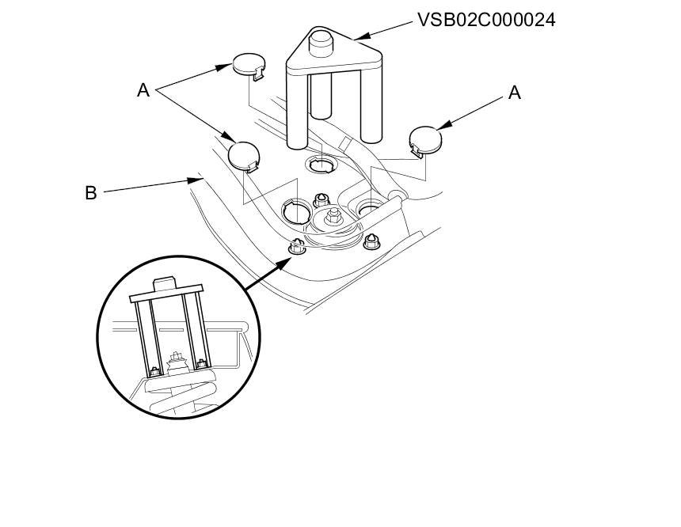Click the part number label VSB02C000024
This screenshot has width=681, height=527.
click(486, 20)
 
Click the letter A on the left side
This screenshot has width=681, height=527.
click(143, 90)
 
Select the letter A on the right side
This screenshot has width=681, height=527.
click(514, 93)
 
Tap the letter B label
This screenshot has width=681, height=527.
click(91, 192)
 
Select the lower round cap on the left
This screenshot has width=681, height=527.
click(244, 154)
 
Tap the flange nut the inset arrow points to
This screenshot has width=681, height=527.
click(297, 247)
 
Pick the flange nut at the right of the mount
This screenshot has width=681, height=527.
click(370, 242)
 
